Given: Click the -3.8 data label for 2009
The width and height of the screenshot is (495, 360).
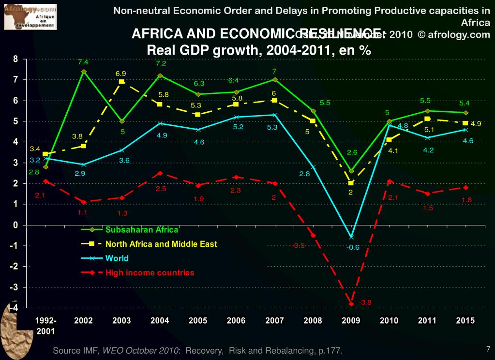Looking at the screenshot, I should (x=366, y=303).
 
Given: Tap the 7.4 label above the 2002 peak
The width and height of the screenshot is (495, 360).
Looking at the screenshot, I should (x=83, y=62).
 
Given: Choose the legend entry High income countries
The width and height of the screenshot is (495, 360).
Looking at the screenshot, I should (x=150, y=272).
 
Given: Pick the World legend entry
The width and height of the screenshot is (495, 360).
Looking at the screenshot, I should (x=117, y=258).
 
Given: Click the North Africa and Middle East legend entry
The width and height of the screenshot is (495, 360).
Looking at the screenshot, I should (x=161, y=244).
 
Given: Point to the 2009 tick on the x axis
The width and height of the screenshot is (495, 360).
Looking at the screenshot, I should (x=350, y=320).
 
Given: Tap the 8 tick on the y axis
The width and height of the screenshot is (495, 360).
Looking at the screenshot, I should (x=15, y=59).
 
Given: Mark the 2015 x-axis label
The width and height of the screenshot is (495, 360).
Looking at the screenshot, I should (x=465, y=320).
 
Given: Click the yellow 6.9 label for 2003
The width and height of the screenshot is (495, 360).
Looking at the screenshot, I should (x=120, y=73).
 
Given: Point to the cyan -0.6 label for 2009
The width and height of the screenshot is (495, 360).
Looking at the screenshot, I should (x=354, y=247).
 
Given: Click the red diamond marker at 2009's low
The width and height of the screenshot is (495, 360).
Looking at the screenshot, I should (x=351, y=303).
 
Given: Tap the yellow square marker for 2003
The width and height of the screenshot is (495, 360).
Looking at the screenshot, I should (x=121, y=82).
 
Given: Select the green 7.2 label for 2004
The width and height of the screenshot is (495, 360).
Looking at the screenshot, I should (x=161, y=63).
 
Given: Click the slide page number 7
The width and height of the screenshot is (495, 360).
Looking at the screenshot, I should (x=488, y=348).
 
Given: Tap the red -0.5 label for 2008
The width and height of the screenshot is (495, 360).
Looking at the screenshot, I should (x=299, y=245).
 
